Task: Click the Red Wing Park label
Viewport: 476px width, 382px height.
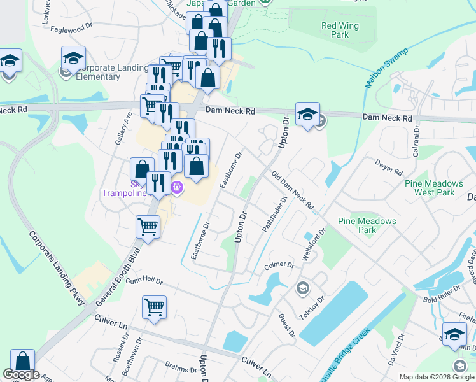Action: click(x=335, y=31)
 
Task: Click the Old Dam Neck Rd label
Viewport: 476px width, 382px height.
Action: click(x=293, y=190)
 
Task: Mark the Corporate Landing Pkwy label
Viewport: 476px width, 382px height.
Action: click(x=57, y=267)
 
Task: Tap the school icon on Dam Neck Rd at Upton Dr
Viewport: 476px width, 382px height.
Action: click(x=307, y=114)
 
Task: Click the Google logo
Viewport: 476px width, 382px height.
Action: click(x=22, y=374)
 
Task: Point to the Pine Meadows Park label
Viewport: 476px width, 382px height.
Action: click(x=367, y=225)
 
